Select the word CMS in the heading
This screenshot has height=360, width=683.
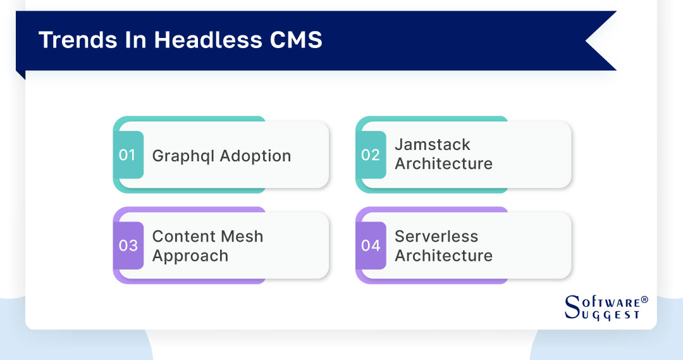(x=297, y=40)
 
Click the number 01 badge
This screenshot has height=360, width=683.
(x=128, y=155)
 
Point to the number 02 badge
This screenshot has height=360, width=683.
(x=371, y=155)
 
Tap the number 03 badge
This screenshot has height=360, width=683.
(x=128, y=245)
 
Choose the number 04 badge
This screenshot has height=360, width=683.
(x=371, y=245)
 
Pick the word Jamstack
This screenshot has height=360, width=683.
(x=433, y=145)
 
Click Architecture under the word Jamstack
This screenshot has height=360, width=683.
(x=443, y=164)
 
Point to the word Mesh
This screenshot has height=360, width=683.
(x=243, y=237)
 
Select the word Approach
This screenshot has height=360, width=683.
(x=190, y=256)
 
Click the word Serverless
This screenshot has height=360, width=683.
(x=436, y=237)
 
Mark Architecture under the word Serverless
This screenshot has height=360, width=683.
(x=443, y=256)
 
